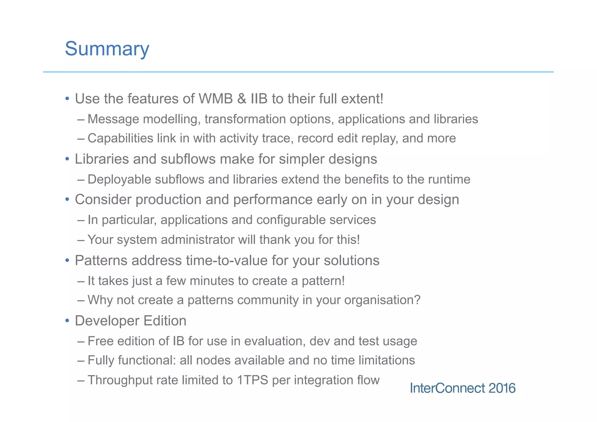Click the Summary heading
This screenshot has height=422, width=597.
tap(107, 49)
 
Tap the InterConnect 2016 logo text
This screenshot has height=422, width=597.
tap(463, 388)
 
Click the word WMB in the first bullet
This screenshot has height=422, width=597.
tap(216, 99)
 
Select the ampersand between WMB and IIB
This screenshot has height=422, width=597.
tap(242, 99)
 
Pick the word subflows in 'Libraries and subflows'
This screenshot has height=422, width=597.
tap(188, 159)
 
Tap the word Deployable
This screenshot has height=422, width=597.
tap(119, 179)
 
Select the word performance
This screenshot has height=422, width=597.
tap(273, 200)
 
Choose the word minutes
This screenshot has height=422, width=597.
tap(212, 281)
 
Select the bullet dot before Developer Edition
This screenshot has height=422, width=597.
tap(67, 321)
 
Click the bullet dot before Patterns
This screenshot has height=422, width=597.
tap(67, 260)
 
